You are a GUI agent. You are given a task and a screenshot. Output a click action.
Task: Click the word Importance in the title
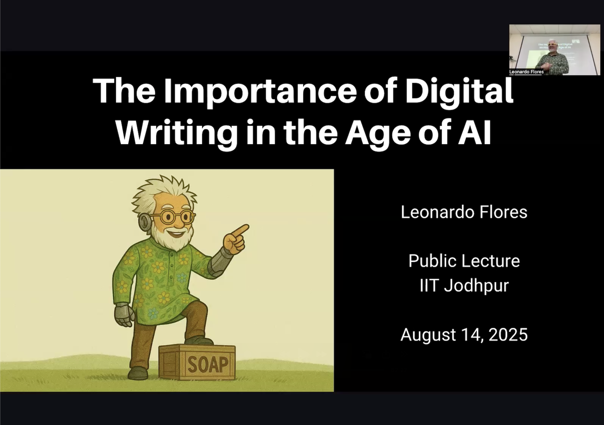260,91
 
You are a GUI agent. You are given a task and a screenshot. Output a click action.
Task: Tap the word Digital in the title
459,91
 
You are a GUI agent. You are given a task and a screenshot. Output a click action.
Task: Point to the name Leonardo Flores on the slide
464,212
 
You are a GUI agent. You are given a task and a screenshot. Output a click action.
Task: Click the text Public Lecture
464,261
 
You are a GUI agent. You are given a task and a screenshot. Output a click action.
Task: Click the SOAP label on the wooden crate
208,365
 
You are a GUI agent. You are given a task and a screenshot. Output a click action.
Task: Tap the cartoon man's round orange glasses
175,218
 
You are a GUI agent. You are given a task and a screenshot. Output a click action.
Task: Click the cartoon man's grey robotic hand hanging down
124,312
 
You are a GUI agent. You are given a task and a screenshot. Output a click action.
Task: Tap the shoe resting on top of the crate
199,341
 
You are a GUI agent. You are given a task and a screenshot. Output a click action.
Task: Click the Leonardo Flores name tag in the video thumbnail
526,72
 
